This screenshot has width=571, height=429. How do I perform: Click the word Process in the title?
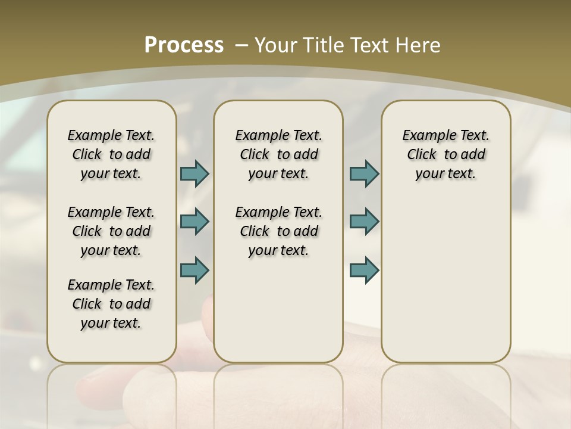pos(184,45)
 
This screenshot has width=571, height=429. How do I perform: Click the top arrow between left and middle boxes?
pos(194,173)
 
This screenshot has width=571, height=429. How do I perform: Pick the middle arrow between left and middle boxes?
pos(194,222)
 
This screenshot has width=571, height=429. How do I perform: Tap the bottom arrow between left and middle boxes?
pos(194,270)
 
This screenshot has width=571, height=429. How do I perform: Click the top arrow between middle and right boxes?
pos(364,173)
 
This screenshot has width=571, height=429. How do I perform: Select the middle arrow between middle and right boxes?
pos(364,222)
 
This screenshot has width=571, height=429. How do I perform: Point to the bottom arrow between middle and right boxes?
pos(364,270)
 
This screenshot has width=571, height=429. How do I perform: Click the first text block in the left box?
pos(111,154)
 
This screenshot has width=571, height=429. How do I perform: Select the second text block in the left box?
pos(111,231)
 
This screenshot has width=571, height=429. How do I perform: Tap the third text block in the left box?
pos(111,304)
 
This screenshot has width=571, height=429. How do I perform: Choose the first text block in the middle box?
pos(278,154)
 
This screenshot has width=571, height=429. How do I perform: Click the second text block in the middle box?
pos(278,231)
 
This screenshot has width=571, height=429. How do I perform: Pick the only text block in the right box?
pos(445,154)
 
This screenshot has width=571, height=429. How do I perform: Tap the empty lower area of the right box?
pos(445,280)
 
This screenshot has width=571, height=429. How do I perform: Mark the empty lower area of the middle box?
pos(278,310)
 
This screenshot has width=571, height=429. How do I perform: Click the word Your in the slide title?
pos(275,45)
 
